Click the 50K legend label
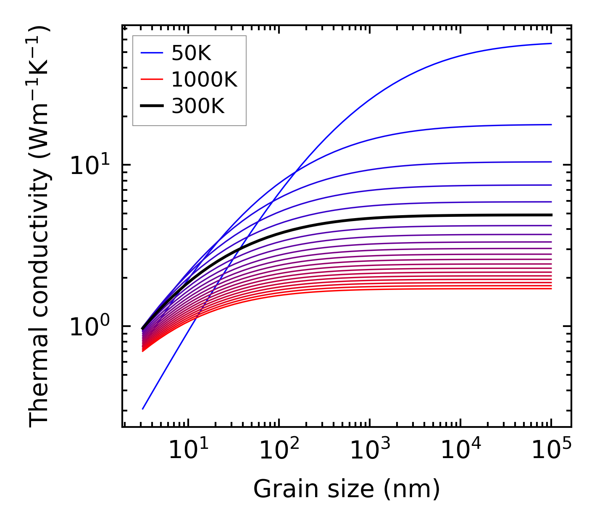(191, 53)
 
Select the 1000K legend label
(204, 79)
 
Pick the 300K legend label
(198, 106)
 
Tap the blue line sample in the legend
(151, 53)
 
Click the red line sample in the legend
(151, 79)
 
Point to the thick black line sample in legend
(151, 106)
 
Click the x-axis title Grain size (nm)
(347, 489)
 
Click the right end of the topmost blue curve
(551, 43)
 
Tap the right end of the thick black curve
(551, 215)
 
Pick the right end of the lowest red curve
(551, 288)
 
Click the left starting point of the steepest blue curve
(143, 408)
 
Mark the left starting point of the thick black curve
(143, 328)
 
